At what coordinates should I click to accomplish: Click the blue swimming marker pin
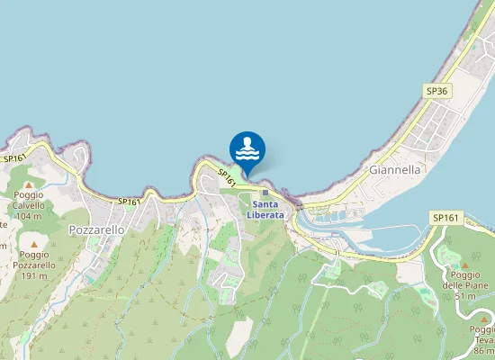[x=247, y=149]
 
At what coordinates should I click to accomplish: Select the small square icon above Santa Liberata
[x=265, y=192]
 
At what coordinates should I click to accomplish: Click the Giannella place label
[x=396, y=168]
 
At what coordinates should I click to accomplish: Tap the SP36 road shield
[x=437, y=91]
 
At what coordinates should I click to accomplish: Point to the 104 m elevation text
[x=29, y=216]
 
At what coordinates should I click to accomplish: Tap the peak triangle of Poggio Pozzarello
[x=34, y=244]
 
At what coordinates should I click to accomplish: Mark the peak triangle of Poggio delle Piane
[x=465, y=265]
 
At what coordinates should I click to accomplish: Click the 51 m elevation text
[x=464, y=296]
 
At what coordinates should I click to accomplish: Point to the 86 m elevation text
[x=482, y=351]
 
